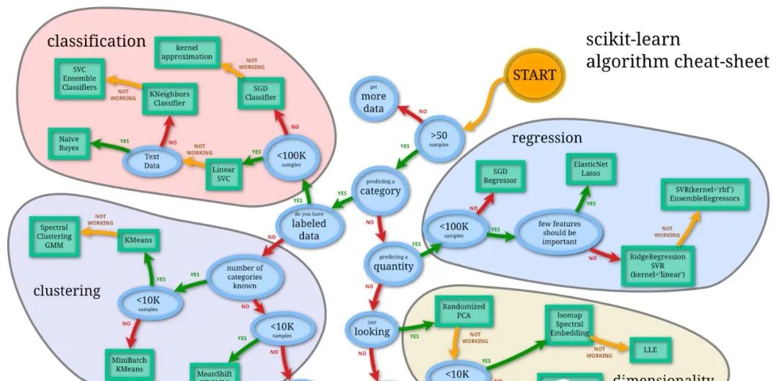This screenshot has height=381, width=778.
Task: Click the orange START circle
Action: pos(534,74)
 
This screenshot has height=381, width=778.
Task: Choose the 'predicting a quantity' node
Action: pos(393,262)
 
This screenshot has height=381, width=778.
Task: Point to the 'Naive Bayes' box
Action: pos(69,143)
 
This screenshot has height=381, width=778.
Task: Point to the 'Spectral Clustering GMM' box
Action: pos(55,237)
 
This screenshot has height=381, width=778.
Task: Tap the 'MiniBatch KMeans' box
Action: pos(130,364)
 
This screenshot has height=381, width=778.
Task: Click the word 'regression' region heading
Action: pos(547,137)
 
